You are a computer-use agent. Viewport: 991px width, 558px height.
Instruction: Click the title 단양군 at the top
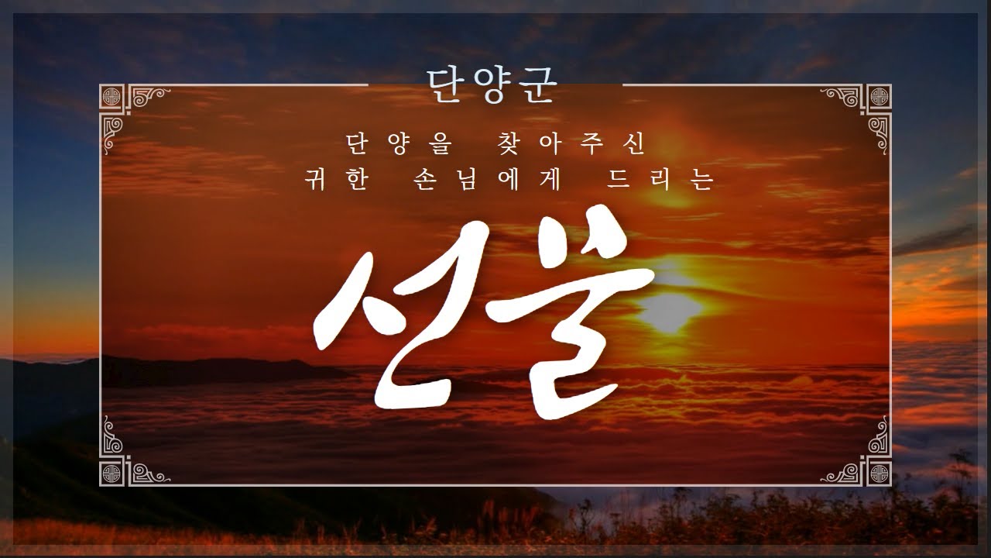[x=492, y=85]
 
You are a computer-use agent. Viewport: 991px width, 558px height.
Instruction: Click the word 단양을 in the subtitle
[x=399, y=144]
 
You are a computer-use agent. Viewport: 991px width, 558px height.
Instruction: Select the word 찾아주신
[x=571, y=144]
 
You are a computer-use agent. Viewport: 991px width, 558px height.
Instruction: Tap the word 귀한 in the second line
[x=337, y=180]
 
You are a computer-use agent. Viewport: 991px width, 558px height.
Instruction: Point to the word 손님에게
[x=487, y=180]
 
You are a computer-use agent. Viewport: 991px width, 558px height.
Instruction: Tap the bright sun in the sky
[x=670, y=310]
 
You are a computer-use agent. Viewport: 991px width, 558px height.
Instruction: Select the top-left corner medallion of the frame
[x=111, y=97]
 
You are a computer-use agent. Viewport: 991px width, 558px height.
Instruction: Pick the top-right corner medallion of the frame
[x=880, y=97]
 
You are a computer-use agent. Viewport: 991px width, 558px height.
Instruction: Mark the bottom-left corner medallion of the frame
[x=111, y=474]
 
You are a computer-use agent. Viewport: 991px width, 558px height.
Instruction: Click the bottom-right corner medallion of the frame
[x=880, y=474]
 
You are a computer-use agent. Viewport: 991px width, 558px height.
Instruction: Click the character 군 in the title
[x=537, y=86]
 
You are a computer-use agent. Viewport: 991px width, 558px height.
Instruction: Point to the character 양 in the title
[x=492, y=86]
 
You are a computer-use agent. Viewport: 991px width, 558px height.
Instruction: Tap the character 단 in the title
[x=447, y=86]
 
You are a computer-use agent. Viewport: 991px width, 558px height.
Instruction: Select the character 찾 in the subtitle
[x=508, y=144]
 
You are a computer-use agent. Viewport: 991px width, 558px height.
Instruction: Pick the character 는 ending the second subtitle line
[x=702, y=180]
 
